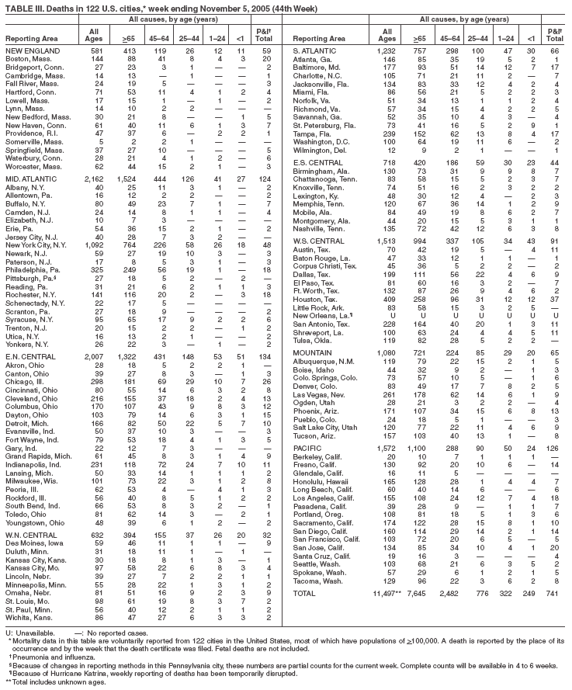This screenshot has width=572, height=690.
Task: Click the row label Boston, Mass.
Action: point(26,59)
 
